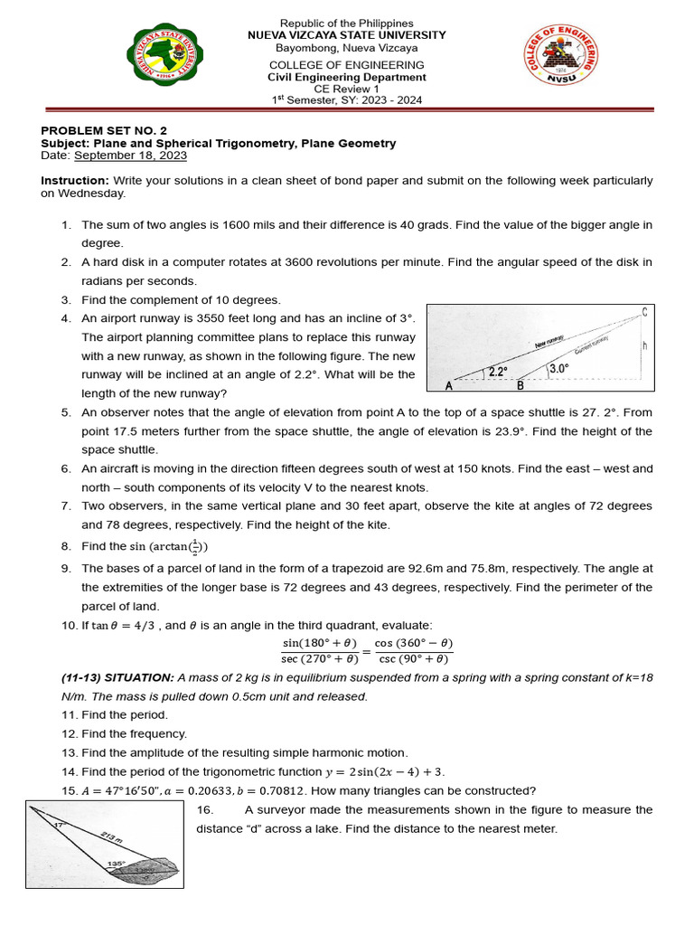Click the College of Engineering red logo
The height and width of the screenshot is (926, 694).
tap(560, 63)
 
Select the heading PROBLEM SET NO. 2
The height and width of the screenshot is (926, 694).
tap(105, 130)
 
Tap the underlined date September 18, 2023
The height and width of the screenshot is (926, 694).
tap(131, 156)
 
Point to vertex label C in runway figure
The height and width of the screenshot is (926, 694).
tap(644, 313)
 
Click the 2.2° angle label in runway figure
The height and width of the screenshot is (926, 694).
tap(498, 371)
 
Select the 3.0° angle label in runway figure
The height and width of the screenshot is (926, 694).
tap(560, 368)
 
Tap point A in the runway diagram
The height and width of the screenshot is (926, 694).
tap(449, 386)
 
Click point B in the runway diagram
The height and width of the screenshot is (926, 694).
tap(520, 386)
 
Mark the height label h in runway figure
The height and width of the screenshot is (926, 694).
tap(644, 345)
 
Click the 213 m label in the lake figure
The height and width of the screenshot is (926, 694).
tap(113, 839)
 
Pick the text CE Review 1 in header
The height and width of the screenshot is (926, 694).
tap(347, 89)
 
